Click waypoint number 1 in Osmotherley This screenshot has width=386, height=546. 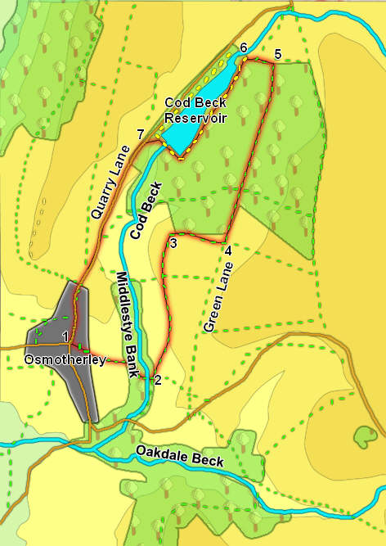coord(65,335)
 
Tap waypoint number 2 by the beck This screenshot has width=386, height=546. coord(158,380)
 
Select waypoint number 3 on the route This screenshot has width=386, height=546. coord(173,243)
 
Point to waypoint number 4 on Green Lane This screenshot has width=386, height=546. coord(227,251)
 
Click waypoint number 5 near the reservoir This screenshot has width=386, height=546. coord(278,54)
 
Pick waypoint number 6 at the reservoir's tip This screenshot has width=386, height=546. coord(243,48)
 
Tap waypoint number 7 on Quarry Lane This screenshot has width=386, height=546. coord(141,133)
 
